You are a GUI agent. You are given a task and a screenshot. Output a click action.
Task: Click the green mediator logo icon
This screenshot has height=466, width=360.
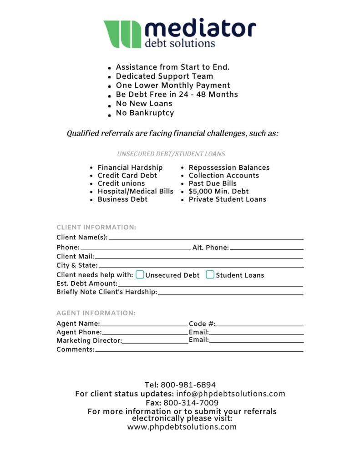tap(122, 34)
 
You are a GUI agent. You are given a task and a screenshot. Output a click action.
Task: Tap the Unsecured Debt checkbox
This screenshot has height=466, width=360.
tap(140, 274)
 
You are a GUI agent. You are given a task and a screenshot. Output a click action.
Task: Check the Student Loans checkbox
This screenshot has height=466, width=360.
tap(210, 274)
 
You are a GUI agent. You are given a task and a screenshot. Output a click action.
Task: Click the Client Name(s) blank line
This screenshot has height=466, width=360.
tap(206, 238)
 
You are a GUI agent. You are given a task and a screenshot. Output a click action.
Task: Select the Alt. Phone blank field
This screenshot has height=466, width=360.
tap(267, 248)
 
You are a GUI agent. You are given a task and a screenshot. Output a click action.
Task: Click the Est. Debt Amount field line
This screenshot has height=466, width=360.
tap(210, 285)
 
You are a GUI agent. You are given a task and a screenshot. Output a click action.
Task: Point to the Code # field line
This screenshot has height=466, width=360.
tap(259, 325)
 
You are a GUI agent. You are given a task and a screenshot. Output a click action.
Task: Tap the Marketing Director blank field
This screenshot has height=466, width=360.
tap(155, 342)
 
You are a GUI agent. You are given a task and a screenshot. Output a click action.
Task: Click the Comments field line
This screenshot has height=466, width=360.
tap(199, 350)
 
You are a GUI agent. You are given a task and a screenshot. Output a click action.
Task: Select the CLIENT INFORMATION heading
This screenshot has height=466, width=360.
tap(96, 228)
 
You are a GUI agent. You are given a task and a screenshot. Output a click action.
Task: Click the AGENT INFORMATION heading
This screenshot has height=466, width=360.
tap(96, 313)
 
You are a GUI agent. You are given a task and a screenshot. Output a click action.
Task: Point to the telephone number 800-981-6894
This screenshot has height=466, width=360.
tap(188, 385)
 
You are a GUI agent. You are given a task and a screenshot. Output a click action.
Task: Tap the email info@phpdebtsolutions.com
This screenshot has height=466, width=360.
tap(231, 394)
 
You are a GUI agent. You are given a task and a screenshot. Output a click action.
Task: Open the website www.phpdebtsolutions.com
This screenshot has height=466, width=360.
tap(182, 427)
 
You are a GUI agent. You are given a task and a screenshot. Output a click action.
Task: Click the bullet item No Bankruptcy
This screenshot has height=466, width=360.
tap(145, 112)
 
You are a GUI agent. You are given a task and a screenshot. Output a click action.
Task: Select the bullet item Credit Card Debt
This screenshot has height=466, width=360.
tap(127, 175)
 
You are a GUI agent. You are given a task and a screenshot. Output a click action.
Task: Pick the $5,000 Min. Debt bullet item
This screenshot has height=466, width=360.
tap(218, 191)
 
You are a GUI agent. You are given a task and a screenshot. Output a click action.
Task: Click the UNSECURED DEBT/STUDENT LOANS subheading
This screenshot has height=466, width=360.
tap(171, 154)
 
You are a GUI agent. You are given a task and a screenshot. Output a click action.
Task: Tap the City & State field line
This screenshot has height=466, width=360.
tap(201, 266)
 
